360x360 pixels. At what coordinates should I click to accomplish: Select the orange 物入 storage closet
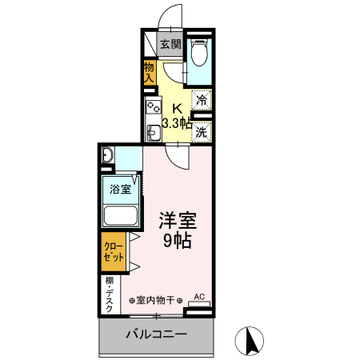(150, 73)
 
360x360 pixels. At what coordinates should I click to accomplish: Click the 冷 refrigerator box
(202, 101)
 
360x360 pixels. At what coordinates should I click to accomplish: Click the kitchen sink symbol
(151, 129)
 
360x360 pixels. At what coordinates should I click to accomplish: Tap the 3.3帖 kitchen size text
(176, 123)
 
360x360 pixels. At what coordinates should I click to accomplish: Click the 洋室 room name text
(178, 221)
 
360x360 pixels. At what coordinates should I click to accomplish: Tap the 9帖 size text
(178, 240)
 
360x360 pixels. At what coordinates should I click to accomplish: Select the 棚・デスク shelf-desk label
(109, 294)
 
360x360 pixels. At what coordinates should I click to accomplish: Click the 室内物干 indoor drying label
(157, 300)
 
